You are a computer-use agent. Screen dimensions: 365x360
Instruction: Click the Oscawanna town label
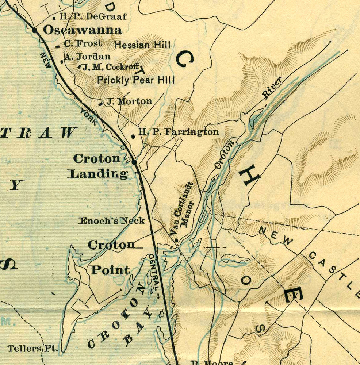pos(83,30)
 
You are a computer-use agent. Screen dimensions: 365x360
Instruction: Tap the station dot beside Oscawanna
pos(35,31)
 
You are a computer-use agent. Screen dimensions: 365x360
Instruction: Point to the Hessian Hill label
pos(142,45)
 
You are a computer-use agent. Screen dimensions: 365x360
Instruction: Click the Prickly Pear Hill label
pos(136,80)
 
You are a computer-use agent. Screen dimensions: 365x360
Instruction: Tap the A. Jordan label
pos(88,57)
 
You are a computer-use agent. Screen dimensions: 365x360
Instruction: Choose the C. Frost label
pos(83,43)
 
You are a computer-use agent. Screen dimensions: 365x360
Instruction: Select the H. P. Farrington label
pos(179,132)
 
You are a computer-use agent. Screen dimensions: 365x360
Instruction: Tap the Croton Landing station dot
pos(134,162)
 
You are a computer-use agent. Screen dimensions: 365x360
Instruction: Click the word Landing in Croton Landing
pos(99,174)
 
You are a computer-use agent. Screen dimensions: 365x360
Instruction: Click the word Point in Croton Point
pos(110,270)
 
